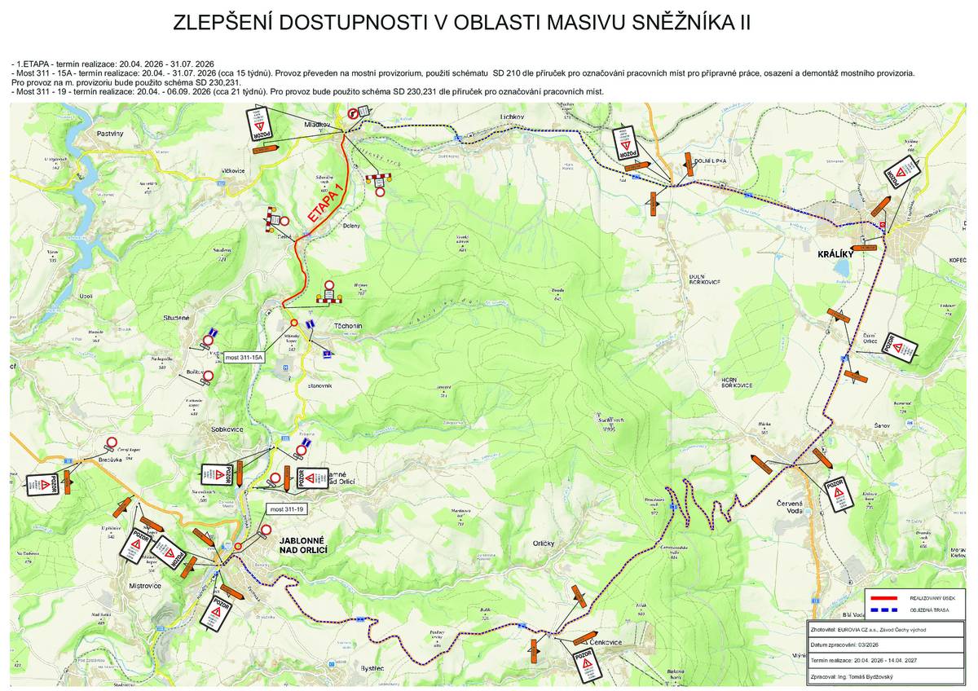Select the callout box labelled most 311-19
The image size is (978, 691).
[x=287, y=509]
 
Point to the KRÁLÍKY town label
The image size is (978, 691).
[x=835, y=254]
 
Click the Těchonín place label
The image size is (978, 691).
[x=348, y=324]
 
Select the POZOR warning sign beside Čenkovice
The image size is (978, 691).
[x=586, y=664]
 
